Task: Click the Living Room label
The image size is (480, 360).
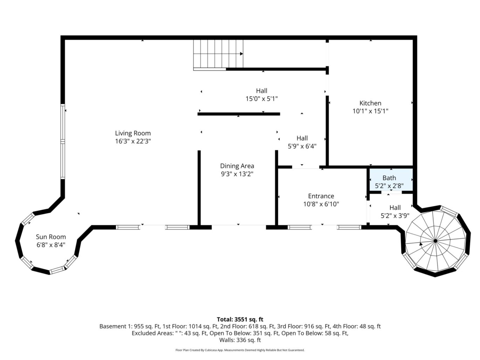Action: [133, 133]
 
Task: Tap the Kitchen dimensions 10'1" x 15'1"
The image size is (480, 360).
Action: [370, 111]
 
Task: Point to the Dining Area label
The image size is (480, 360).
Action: [237, 166]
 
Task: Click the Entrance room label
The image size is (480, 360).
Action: [321, 196]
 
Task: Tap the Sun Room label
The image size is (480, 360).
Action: [51, 237]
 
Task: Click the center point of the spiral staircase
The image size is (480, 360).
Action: [435, 241]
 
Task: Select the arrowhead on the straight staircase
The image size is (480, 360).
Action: [241, 54]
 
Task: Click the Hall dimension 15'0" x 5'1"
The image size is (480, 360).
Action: [261, 99]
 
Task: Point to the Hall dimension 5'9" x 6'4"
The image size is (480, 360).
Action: [302, 146]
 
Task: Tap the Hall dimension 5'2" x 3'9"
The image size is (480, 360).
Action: [395, 216]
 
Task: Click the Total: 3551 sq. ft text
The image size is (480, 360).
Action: [240, 319]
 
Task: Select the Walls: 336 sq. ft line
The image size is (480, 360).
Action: [240, 340]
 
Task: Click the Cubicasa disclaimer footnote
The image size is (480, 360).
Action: [240, 350]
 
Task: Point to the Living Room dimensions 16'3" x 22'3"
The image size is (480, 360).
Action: [133, 141]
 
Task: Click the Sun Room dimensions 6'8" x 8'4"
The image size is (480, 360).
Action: [51, 245]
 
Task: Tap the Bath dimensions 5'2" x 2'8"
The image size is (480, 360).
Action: [389, 186]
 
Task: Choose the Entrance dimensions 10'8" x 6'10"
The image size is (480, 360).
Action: [321, 204]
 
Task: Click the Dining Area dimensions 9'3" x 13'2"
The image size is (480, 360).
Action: [237, 174]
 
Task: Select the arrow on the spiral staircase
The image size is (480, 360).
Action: [421, 244]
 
